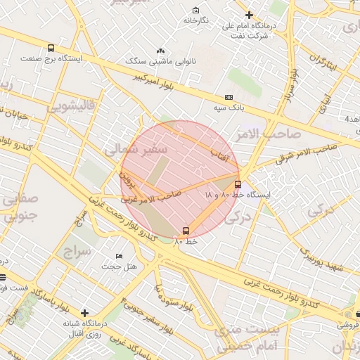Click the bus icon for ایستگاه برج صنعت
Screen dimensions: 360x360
point(51,48)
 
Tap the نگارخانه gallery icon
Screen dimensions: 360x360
point(195,11)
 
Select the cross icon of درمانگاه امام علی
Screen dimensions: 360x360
point(249,15)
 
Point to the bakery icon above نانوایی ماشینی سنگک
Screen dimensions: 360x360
point(161,51)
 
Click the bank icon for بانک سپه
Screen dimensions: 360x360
point(229,97)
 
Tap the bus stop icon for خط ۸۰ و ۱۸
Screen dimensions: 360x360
point(238,184)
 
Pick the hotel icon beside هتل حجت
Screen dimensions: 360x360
point(119,256)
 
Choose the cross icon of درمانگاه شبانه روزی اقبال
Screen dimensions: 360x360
point(85,312)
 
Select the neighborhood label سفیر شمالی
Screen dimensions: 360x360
point(135,149)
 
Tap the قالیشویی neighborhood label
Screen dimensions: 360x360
point(70,107)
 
